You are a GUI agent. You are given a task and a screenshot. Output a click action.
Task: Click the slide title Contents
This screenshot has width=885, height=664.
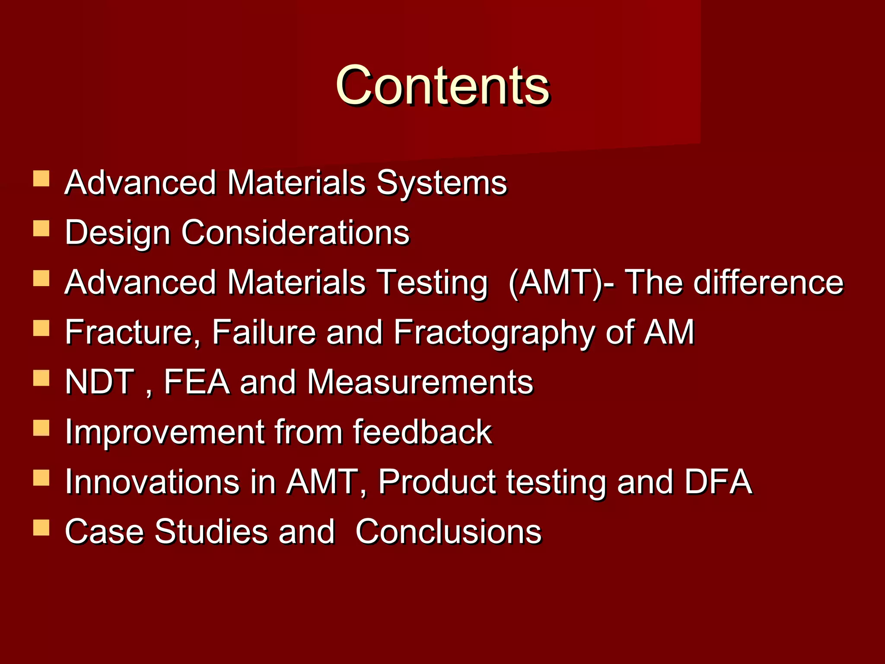442,85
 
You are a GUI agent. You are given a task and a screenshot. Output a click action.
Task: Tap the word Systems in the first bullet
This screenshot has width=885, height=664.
441,183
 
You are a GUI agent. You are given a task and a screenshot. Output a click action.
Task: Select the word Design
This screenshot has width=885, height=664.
117,233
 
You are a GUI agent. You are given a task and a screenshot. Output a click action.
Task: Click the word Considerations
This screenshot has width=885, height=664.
295,233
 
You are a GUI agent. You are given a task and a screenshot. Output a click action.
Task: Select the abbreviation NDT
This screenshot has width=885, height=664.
99,382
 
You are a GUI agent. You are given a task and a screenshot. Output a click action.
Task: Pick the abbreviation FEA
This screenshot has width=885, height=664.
197,382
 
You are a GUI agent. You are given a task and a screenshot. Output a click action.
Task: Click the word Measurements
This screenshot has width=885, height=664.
420,382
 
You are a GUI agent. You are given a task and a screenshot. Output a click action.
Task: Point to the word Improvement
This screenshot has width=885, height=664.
165,432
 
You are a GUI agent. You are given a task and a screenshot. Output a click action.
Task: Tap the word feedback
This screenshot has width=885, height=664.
422,432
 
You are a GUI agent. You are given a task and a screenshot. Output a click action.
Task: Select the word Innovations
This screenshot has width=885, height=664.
152,482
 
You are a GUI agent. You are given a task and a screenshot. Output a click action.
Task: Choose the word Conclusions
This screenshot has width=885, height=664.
448,531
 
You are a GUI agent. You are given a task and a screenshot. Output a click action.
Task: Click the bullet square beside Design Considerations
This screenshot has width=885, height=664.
41,228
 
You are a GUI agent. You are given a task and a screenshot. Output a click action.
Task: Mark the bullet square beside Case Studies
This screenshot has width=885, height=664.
41,527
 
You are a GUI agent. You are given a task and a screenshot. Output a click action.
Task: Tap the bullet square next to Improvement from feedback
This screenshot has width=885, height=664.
41,428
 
